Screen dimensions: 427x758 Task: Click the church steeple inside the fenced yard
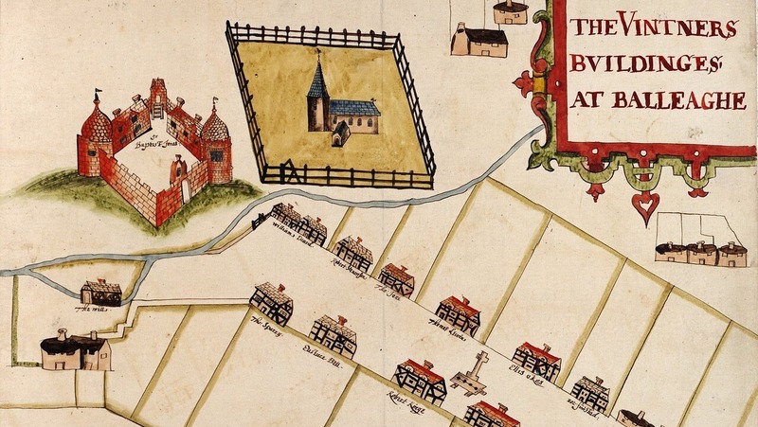click(318, 76)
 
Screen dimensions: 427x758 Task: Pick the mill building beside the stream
click(100, 292)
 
